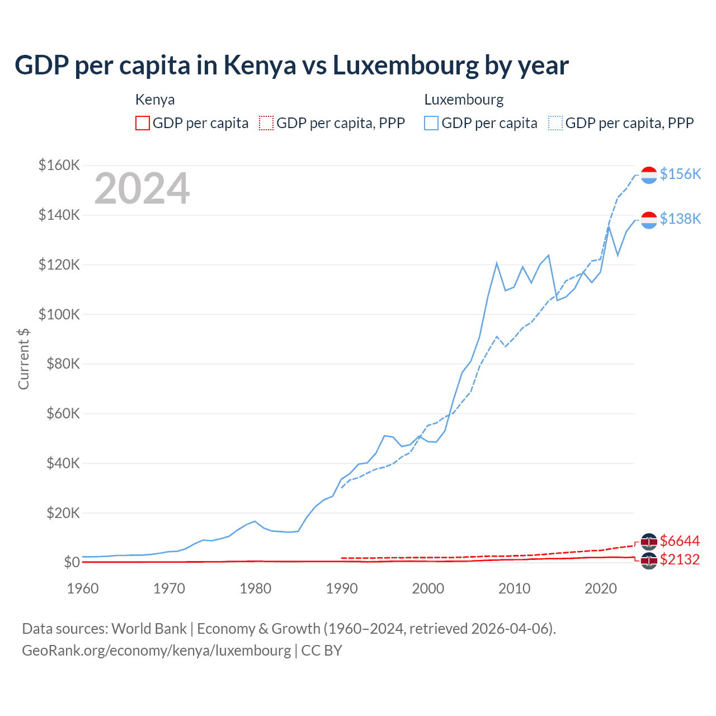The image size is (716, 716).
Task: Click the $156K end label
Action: pyautogui.click(x=680, y=174)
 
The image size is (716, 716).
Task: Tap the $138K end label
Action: pyautogui.click(x=680, y=219)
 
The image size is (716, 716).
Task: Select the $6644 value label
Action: pyautogui.click(x=680, y=541)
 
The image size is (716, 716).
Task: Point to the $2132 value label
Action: pyautogui.click(x=680, y=559)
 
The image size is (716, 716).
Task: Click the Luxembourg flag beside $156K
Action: pyautogui.click(x=649, y=175)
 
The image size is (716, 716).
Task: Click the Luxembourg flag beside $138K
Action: pyautogui.click(x=649, y=220)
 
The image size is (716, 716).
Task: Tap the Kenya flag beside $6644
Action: pyautogui.click(x=649, y=541)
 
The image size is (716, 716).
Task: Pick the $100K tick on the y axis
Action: pyautogui.click(x=59, y=314)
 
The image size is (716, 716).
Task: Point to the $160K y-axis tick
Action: pyautogui.click(x=59, y=166)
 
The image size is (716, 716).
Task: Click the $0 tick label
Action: pyautogui.click(x=71, y=562)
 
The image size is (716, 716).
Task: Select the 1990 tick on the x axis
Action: pyautogui.click(x=342, y=588)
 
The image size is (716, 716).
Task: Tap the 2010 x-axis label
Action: pyautogui.click(x=514, y=588)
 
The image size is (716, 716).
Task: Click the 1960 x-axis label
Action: pyautogui.click(x=83, y=588)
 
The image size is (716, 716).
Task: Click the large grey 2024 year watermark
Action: pyautogui.click(x=142, y=189)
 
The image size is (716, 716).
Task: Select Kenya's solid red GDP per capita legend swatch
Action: pyautogui.click(x=143, y=123)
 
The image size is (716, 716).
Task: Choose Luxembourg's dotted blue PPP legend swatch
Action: pyautogui.click(x=555, y=123)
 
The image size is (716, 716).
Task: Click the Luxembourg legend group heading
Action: pyautogui.click(x=464, y=100)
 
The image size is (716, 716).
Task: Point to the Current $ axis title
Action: pyautogui.click(x=23, y=359)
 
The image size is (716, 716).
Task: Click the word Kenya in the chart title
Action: pyautogui.click(x=260, y=65)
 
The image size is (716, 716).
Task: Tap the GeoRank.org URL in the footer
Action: pyautogui.click(x=157, y=651)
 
